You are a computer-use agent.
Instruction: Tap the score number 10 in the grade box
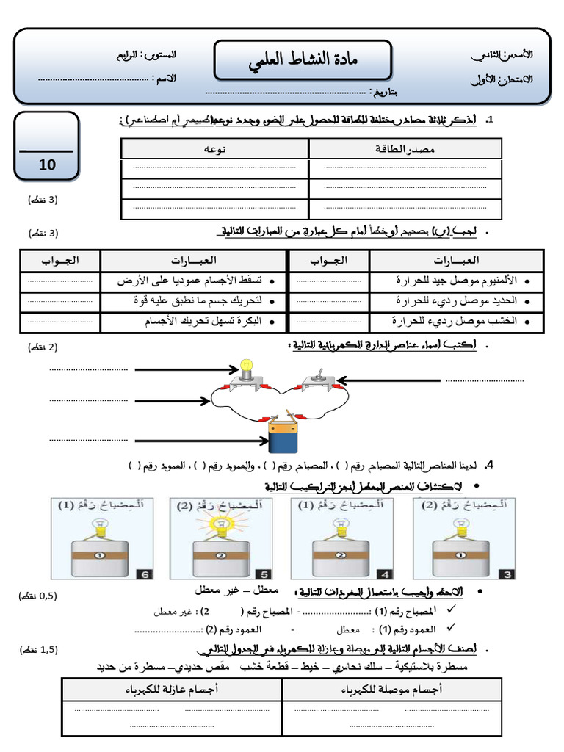(x=47, y=164)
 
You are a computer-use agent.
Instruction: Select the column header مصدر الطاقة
(x=405, y=149)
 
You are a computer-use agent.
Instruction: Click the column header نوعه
(x=214, y=149)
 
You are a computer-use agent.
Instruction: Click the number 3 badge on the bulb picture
(x=505, y=574)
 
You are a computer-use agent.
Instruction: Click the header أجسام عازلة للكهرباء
(x=172, y=690)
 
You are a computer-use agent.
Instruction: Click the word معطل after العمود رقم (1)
(x=347, y=629)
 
